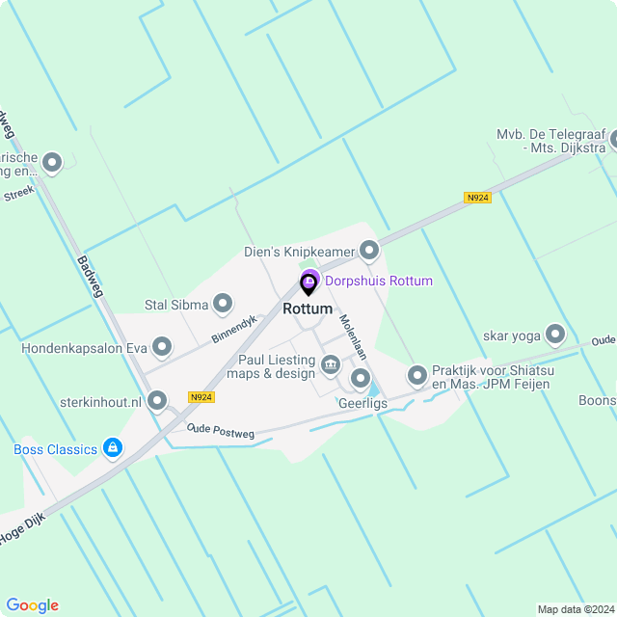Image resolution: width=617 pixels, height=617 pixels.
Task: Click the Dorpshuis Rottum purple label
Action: tap(379, 281)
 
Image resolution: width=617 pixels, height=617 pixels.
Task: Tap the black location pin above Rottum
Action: tap(308, 283)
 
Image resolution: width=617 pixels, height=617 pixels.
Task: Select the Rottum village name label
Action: tap(308, 309)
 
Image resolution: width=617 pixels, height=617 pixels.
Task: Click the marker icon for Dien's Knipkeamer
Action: tap(369, 252)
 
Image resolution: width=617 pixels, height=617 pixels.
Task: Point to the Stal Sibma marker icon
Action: tap(223, 306)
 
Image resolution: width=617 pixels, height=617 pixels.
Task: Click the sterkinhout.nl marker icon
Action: tap(158, 399)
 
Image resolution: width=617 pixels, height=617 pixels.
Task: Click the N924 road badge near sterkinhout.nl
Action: tap(201, 396)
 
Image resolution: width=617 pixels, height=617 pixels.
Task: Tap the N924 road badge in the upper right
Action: tap(477, 198)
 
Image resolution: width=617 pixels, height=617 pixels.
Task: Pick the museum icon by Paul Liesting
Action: tap(331, 364)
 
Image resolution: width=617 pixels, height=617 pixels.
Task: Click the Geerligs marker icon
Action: tap(361, 378)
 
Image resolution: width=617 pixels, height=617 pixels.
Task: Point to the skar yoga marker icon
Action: tap(554, 335)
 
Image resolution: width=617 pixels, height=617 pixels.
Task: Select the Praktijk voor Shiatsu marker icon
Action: tap(417, 374)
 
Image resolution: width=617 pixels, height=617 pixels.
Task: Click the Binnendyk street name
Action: tap(233, 329)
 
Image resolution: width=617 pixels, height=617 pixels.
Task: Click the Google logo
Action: tap(32, 605)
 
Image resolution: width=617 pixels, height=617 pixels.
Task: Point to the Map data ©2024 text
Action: tap(575, 609)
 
